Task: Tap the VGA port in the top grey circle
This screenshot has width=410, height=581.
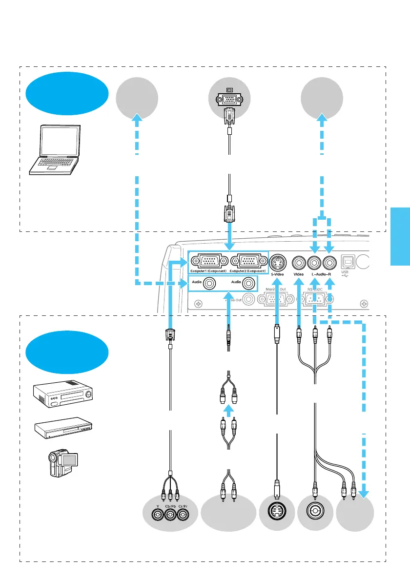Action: [229, 100]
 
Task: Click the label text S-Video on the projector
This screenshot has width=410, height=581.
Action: [277, 274]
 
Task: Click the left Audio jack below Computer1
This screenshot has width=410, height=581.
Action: [210, 282]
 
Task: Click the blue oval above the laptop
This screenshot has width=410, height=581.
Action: [67, 93]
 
